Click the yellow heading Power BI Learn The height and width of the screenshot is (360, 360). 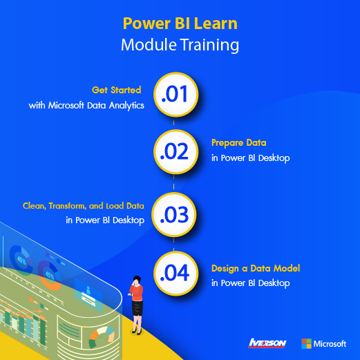point(180,23)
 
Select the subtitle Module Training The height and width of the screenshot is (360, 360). point(180,45)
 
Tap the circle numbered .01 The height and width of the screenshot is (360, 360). point(176,95)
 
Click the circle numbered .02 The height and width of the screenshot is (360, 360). point(176,151)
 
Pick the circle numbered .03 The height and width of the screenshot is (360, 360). point(174,215)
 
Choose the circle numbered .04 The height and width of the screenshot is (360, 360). point(176,273)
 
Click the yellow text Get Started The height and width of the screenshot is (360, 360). point(116,90)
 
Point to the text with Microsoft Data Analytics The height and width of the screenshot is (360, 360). point(86,106)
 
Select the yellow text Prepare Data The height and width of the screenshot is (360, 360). point(239,143)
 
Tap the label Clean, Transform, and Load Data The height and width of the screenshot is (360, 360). point(84,206)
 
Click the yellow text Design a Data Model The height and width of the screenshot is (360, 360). point(256,269)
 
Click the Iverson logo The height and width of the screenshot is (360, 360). point(267,343)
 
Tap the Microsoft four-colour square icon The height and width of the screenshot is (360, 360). point(306,343)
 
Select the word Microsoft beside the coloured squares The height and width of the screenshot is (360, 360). point(330,344)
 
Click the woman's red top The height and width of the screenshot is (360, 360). point(137,292)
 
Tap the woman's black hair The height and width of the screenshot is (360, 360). point(137,278)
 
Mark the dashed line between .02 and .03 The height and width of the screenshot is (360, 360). point(173,183)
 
